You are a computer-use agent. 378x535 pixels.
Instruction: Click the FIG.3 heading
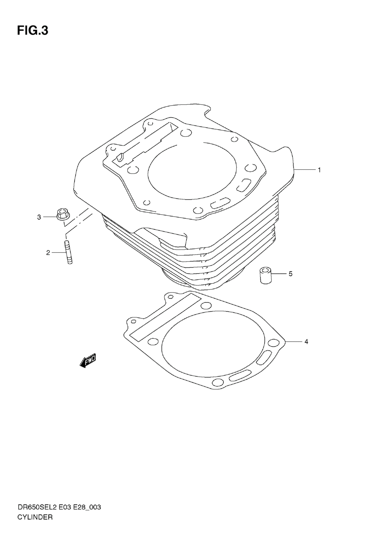click(33, 31)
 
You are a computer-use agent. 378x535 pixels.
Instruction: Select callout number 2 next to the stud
click(48, 253)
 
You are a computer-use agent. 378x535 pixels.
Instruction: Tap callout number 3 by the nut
click(39, 217)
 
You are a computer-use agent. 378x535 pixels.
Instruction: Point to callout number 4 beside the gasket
click(306, 342)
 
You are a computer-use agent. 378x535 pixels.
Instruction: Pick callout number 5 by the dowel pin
click(291, 274)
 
